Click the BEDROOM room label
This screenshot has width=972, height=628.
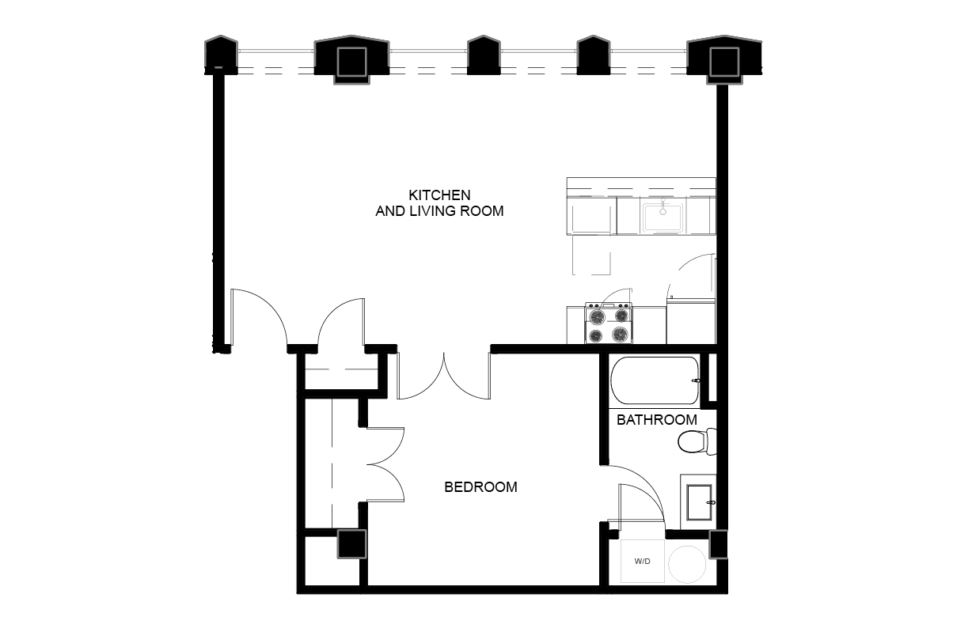(x=480, y=487)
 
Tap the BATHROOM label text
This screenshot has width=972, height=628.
(x=656, y=420)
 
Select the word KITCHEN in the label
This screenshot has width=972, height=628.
(x=439, y=195)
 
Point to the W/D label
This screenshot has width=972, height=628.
(x=642, y=562)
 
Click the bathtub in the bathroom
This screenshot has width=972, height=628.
(x=654, y=380)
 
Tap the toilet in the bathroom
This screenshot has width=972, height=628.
(x=695, y=441)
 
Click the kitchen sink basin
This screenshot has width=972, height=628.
(x=663, y=216)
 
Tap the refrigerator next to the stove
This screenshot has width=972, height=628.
(x=690, y=321)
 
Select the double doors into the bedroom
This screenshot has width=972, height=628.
(x=444, y=376)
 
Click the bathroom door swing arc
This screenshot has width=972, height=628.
(x=641, y=494)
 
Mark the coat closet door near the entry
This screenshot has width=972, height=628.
(x=341, y=320)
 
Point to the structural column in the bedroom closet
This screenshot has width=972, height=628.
(x=351, y=545)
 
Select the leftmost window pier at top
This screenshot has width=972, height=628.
(x=221, y=55)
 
